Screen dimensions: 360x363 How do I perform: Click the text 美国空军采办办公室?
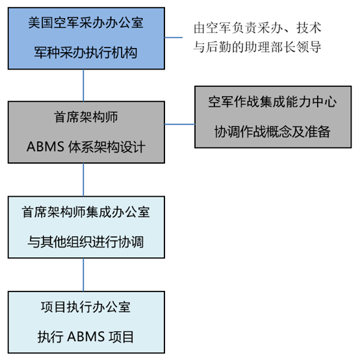tap(86, 23)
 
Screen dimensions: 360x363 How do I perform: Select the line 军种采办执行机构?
tap(86, 53)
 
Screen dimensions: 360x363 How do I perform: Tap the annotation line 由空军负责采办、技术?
tap(257, 28)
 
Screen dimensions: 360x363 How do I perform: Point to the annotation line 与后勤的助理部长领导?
tap(257, 47)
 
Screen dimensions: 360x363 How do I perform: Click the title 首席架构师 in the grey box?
tap(86, 117)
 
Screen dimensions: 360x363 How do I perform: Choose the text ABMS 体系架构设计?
tap(86, 147)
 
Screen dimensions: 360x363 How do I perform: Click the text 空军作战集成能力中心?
tap(272, 102)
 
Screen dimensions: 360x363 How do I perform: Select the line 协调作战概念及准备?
tap(272, 131)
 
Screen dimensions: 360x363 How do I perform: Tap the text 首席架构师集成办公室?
tap(86, 212)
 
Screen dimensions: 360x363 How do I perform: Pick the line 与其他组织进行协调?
tap(86, 242)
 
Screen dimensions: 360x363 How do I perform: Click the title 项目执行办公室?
tap(86, 307)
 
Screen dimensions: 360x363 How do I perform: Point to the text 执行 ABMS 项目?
tap(86, 336)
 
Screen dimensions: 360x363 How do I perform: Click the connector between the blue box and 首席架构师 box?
tap(83, 85)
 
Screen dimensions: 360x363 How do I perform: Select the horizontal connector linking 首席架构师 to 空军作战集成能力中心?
tap(180, 124)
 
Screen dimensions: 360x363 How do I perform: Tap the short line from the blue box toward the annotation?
tap(174, 37)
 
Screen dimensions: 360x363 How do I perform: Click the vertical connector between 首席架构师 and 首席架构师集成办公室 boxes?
tap(83, 180)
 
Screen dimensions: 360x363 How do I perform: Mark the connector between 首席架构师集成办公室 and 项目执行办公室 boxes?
tap(83, 275)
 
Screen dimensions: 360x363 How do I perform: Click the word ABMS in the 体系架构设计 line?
tap(45, 147)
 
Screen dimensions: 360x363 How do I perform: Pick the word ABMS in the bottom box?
tap(86, 336)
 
